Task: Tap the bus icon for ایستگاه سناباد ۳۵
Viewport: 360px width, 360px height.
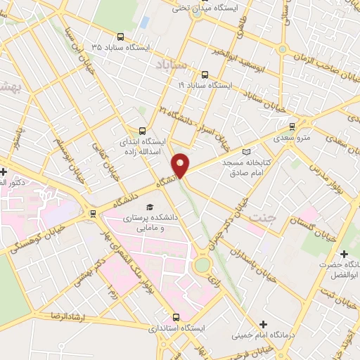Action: [120, 37]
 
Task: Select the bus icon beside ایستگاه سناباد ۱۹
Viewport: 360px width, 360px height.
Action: [205, 75]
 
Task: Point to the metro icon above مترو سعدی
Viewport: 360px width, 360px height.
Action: [292, 127]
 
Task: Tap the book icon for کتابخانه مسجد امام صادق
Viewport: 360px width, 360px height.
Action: [245, 151]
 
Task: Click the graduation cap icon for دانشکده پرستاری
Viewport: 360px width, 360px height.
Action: [149, 207]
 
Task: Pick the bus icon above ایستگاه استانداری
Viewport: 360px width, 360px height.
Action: [176, 317]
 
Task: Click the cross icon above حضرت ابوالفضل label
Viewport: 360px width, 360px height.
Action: [343, 254]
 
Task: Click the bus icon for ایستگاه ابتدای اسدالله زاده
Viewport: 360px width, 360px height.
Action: [143, 130]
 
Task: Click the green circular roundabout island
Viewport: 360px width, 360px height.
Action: [202, 265]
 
